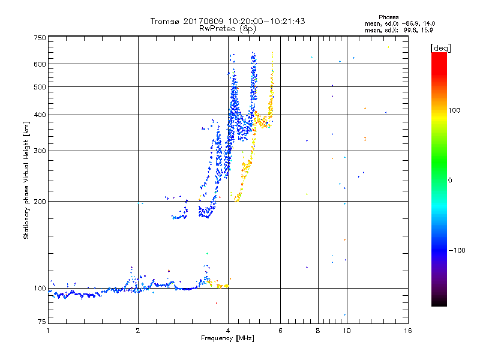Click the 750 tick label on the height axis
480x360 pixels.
(39, 38)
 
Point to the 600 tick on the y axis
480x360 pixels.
(39, 64)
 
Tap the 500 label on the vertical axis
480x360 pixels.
(39, 87)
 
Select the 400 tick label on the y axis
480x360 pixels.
(39, 115)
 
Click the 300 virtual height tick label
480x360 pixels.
(39, 151)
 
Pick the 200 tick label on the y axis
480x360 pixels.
(39, 201)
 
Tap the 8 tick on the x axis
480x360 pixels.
(318, 331)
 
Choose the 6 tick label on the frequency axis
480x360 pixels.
(280, 331)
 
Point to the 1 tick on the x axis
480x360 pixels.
(48, 331)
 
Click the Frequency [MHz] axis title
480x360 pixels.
(227, 339)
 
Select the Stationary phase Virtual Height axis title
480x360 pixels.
(26, 181)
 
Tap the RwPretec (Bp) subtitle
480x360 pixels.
(227, 28)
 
